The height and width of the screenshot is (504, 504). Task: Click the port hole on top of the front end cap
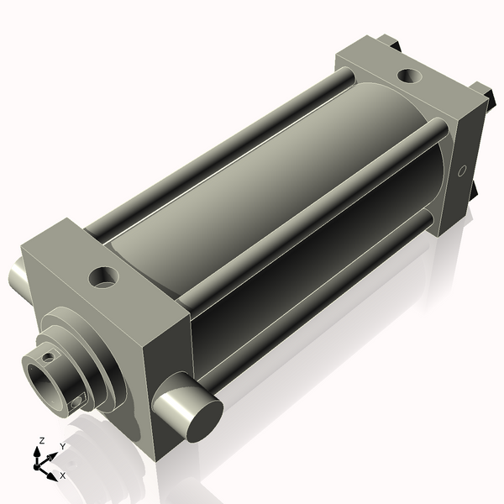pyautogui.click(x=105, y=276)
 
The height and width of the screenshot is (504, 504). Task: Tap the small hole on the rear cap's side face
pyautogui.click(x=460, y=171)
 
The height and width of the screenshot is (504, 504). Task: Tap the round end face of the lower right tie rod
pyautogui.click(x=200, y=421)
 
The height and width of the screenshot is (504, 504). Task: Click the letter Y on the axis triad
pyautogui.click(x=63, y=446)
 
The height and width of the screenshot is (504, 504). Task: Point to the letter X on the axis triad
pyautogui.click(x=63, y=475)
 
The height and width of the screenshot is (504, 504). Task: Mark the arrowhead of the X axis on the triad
pyautogui.click(x=53, y=472)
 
